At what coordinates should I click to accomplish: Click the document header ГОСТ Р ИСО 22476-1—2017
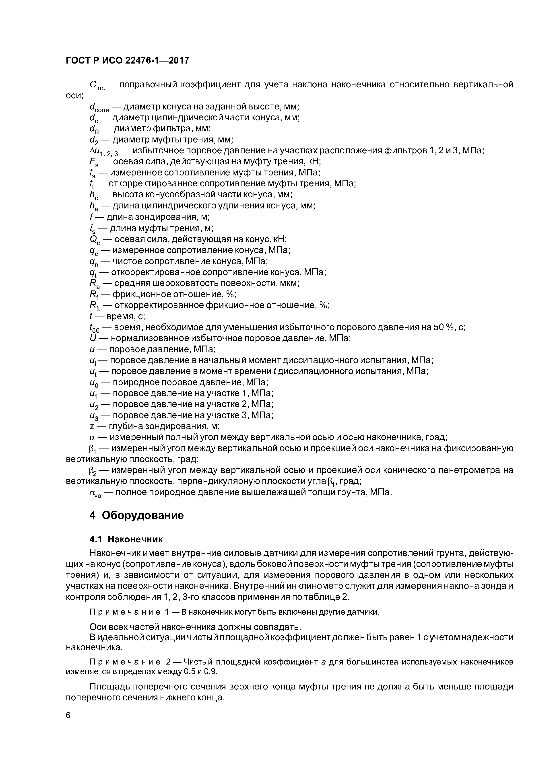[127, 61]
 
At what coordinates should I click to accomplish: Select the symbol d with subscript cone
[99, 108]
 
